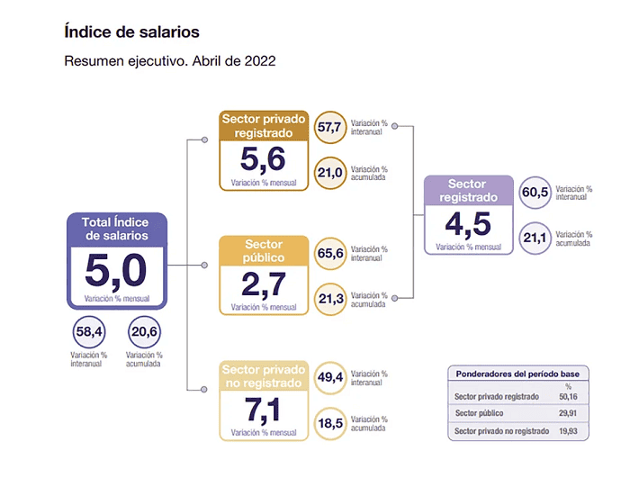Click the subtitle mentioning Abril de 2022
click(x=169, y=62)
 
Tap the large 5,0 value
click(x=116, y=271)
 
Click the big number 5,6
click(x=263, y=159)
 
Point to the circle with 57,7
click(x=329, y=127)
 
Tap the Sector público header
click(x=263, y=250)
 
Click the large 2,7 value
click(x=263, y=284)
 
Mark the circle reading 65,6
click(x=329, y=253)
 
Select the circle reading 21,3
click(x=329, y=299)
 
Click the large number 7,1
click(x=263, y=410)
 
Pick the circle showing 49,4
click(x=329, y=378)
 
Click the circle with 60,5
click(x=535, y=193)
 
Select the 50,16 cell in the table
click(x=568, y=395)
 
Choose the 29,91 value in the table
click(x=568, y=413)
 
